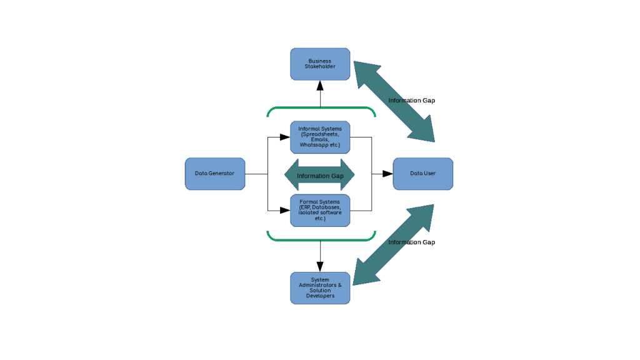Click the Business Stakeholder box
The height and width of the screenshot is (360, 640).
[320, 64]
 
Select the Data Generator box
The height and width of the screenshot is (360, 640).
[214, 174]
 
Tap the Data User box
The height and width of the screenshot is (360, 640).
[422, 174]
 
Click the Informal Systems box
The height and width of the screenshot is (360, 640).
[320, 137]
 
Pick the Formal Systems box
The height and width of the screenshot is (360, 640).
[320, 210]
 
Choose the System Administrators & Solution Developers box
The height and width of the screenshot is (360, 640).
[320, 288]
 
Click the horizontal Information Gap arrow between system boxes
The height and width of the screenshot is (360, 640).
[320, 176]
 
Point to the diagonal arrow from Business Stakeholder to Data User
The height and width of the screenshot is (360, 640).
[394, 102]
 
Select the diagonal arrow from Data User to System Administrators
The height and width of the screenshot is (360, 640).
[394, 244]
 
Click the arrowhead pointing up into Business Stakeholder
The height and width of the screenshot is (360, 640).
[320, 86]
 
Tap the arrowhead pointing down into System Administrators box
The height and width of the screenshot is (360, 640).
[320, 266]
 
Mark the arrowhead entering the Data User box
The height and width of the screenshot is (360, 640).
[387, 174]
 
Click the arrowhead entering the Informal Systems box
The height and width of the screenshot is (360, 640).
[286, 137]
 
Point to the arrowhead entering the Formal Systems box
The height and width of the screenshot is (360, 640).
[286, 211]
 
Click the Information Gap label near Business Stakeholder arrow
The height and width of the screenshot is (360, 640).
[411, 101]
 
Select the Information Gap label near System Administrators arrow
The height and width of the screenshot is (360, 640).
[411, 242]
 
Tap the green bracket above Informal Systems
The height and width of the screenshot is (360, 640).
[321, 108]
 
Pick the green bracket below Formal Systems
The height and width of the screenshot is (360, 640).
[321, 240]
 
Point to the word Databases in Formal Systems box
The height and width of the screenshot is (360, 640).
[326, 207]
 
